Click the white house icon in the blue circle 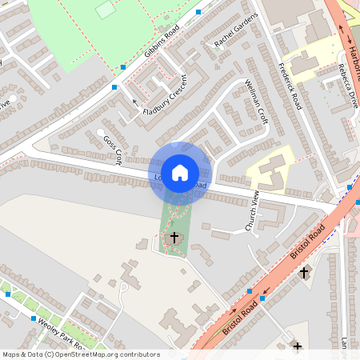click(x=180, y=172)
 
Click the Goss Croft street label click(x=111, y=149)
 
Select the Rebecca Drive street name click(x=349, y=87)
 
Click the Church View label click(x=254, y=212)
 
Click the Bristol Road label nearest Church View click(x=307, y=241)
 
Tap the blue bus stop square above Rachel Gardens click(x=198, y=13)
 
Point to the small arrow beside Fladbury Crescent click(x=134, y=102)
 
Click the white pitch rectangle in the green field click(x=106, y=10)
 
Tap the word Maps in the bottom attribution click(x=11, y=354)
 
